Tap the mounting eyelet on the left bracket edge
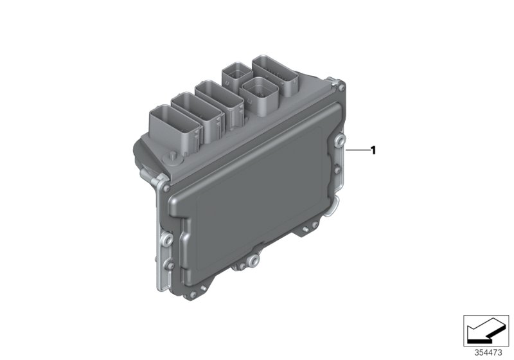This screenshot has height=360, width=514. click(166, 240)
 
